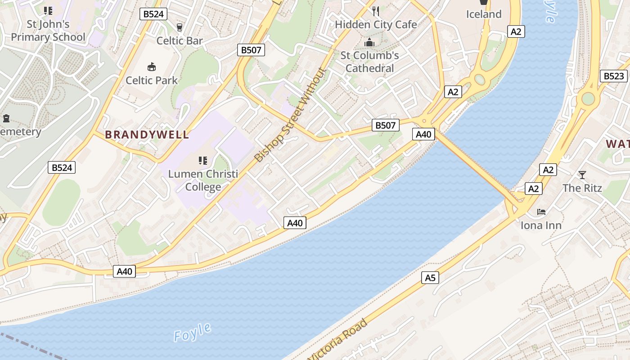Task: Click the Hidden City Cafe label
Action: pos(376,25)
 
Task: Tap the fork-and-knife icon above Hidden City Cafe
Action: pos(376,11)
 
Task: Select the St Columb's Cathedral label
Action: pos(369,62)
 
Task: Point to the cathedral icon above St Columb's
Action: pos(369,43)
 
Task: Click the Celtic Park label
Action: pos(152,81)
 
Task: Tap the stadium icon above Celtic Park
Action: pos(152,67)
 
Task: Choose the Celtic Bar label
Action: pos(180,41)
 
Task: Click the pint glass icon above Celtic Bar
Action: pos(180,27)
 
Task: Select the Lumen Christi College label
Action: pos(203,180)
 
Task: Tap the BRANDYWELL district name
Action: pos(147,135)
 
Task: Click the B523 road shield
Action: pos(613,76)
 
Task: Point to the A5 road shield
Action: pos(431,278)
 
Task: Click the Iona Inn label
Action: pos(541,225)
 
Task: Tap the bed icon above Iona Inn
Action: pos(541,211)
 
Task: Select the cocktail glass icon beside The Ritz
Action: pos(582,175)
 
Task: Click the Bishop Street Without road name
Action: pos(290,115)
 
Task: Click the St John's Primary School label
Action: pos(48,31)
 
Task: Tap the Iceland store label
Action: pos(484,14)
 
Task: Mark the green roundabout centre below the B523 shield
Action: pos(588,99)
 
